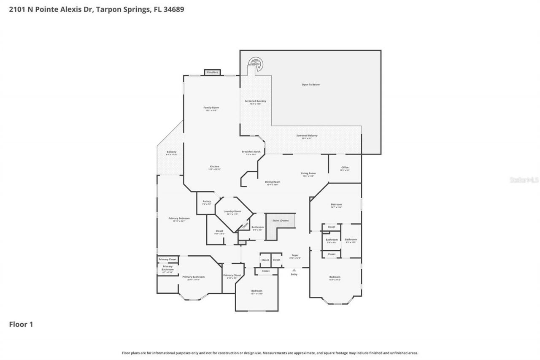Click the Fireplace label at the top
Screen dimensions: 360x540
[x=212, y=72]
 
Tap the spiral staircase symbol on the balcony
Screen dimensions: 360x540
[x=255, y=64]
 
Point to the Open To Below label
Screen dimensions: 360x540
[x=310, y=85]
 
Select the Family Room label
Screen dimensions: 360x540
[x=211, y=108]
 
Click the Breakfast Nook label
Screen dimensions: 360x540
[x=251, y=152]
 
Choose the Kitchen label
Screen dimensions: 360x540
[x=214, y=167]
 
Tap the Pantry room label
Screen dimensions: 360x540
[x=206, y=202]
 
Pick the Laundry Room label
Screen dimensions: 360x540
[x=232, y=211]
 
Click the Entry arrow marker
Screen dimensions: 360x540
[x=294, y=270]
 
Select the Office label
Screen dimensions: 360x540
[x=345, y=168]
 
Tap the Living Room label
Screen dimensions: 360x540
[x=308, y=173]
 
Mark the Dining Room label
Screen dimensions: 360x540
[x=273, y=182]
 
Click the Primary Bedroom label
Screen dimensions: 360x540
[x=179, y=219]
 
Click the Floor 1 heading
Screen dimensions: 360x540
[x=21, y=325]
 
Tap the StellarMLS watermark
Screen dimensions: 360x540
[x=524, y=180]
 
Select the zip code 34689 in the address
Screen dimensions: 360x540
[x=173, y=9]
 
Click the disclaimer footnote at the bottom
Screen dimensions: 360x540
[x=270, y=353]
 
